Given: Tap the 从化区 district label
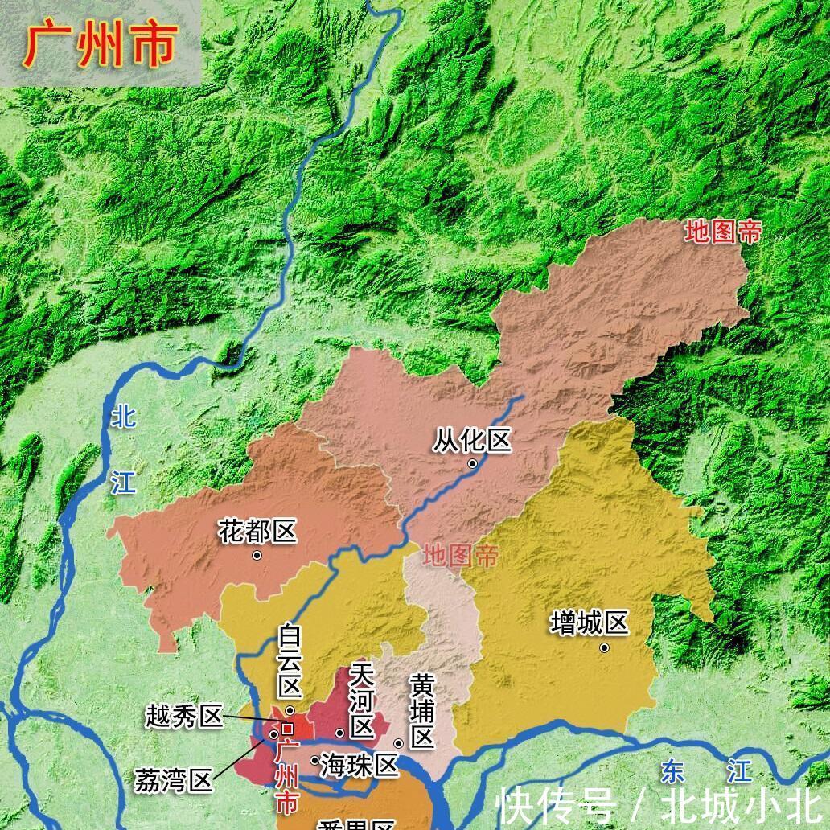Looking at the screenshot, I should (x=472, y=441).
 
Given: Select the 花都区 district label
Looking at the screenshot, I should (x=257, y=532).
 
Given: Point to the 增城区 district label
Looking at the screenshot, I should (x=590, y=623).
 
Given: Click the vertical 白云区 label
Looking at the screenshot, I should (x=290, y=662).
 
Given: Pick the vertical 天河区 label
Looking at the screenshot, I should (x=363, y=701).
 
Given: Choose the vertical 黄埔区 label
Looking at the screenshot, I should (x=421, y=711).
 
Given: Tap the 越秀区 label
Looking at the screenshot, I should (x=183, y=716).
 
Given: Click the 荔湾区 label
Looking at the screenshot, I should (x=174, y=779).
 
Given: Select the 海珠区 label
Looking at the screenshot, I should (x=359, y=765).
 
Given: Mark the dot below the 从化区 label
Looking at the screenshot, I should (x=473, y=463).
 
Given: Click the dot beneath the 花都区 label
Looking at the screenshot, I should (x=257, y=555).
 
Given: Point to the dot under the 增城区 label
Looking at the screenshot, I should (x=604, y=647).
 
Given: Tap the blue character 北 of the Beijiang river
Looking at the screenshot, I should (x=124, y=417).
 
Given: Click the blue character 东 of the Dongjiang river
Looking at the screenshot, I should (x=672, y=771).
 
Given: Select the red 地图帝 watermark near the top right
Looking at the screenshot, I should (x=722, y=232).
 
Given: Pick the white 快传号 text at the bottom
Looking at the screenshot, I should (x=556, y=805).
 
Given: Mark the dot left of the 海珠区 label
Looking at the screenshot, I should (x=314, y=760).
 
